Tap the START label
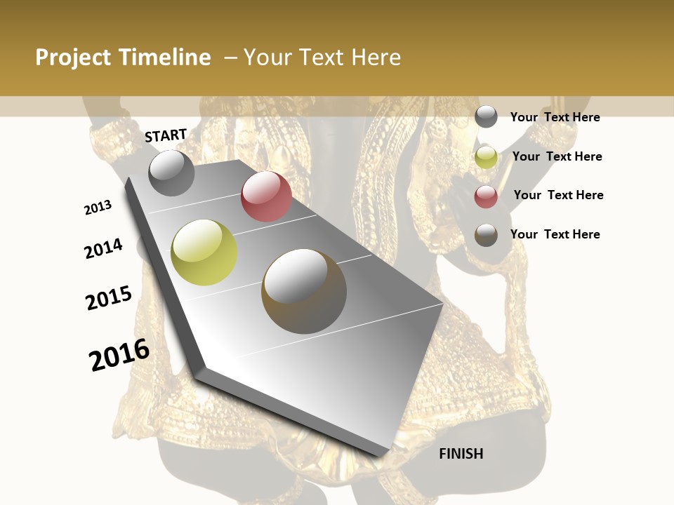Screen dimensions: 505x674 pyautogui.click(x=166, y=135)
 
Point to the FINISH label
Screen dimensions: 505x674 pyautogui.click(x=461, y=454)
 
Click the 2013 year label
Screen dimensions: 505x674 pyautogui.click(x=98, y=208)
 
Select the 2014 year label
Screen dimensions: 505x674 pyautogui.click(x=103, y=248)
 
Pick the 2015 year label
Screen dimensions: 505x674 pyautogui.click(x=109, y=297)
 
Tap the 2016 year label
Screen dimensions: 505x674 pyautogui.click(x=119, y=355)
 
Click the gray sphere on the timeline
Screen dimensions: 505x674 pyautogui.click(x=171, y=173)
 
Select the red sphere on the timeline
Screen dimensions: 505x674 pyautogui.click(x=266, y=196)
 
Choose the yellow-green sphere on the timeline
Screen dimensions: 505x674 pyautogui.click(x=204, y=252)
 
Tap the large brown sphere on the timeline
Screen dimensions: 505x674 pyautogui.click(x=304, y=291)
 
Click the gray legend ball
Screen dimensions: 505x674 pyautogui.click(x=486, y=117)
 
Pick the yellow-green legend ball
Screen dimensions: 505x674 pyautogui.click(x=486, y=157)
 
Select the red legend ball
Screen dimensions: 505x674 pyautogui.click(x=486, y=196)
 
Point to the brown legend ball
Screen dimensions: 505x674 pyautogui.click(x=486, y=235)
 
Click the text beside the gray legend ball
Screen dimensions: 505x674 pyautogui.click(x=555, y=117)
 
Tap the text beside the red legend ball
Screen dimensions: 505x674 pyautogui.click(x=558, y=195)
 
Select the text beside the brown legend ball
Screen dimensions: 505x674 pyautogui.click(x=555, y=234)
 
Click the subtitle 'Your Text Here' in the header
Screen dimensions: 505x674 pyautogui.click(x=322, y=58)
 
